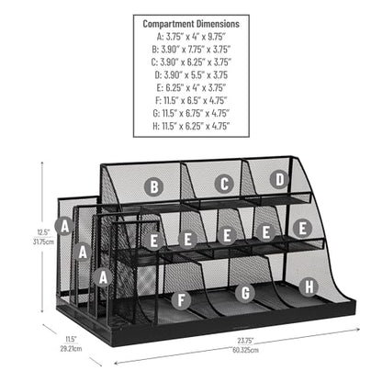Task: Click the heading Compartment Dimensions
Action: (x=191, y=24)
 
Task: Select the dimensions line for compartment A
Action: (x=191, y=37)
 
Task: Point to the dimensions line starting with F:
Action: (x=191, y=100)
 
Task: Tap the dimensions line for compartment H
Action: (x=191, y=126)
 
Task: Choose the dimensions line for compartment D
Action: (x=191, y=75)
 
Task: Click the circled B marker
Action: (x=154, y=186)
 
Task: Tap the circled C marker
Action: (x=224, y=184)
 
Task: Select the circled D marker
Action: (x=279, y=180)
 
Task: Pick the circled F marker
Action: (x=181, y=300)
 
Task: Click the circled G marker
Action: (x=245, y=293)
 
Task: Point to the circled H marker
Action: (x=309, y=286)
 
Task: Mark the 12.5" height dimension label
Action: (x=43, y=232)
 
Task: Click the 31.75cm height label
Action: (x=43, y=242)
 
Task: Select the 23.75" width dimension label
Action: (x=246, y=341)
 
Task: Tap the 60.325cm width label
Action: (x=246, y=350)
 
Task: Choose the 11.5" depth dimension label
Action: (x=71, y=339)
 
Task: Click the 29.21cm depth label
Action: (x=71, y=349)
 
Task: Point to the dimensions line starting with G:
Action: (x=191, y=113)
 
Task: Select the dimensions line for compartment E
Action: (x=191, y=88)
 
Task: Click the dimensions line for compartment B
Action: (x=191, y=50)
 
